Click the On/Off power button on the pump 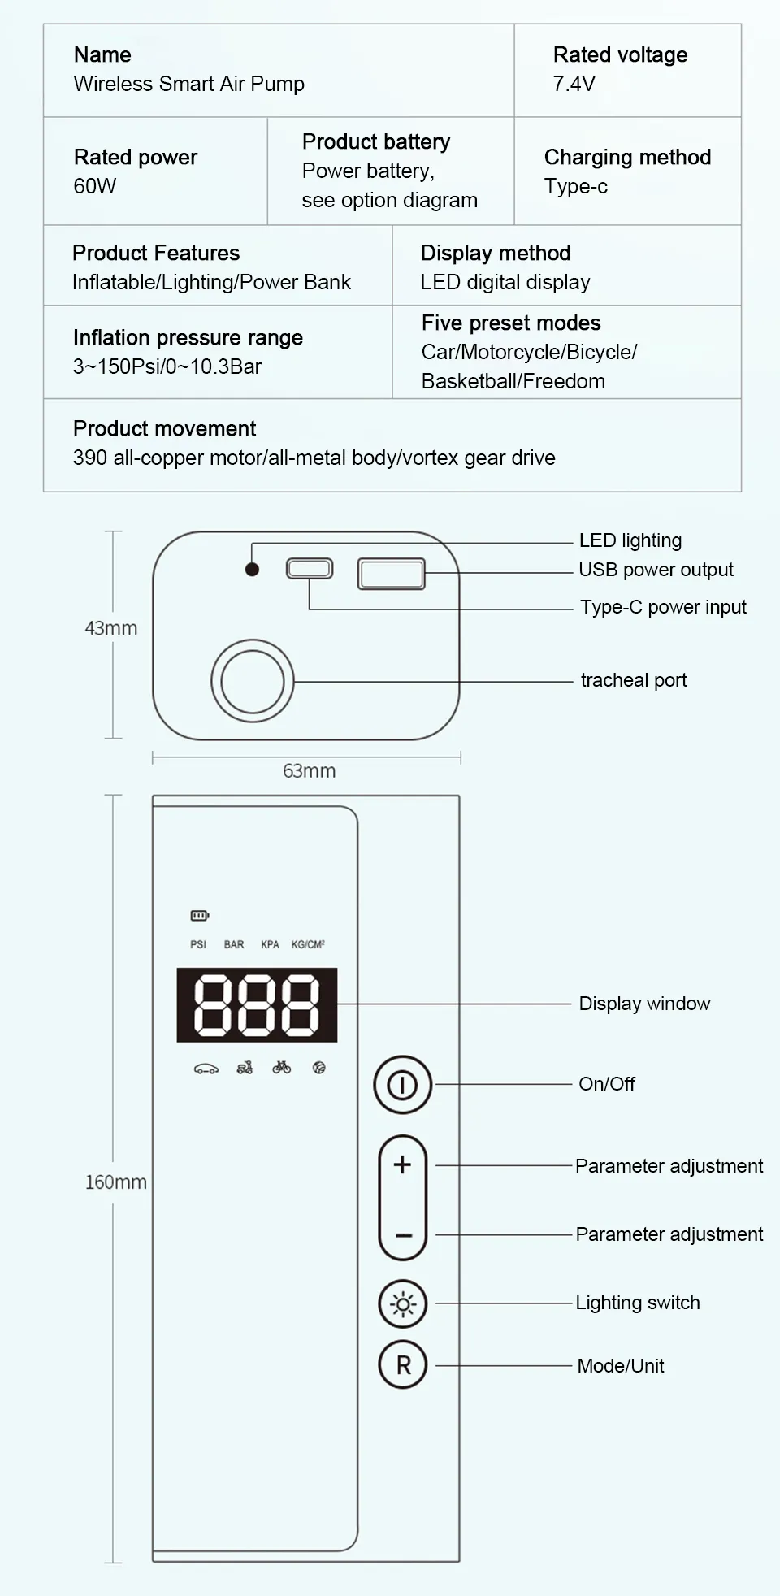click(402, 1085)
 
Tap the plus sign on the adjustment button click(402, 1164)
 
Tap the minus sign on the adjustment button click(403, 1235)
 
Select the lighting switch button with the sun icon click(403, 1304)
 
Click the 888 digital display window click(257, 1004)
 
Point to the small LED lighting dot click(252, 570)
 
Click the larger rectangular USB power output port click(392, 573)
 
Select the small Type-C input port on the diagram click(310, 568)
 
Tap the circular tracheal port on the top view click(253, 681)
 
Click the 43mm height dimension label click(111, 628)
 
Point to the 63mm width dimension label click(309, 770)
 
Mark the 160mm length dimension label click(116, 1182)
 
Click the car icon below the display click(206, 1069)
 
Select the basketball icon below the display click(319, 1068)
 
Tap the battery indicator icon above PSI click(200, 916)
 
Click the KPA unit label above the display click(270, 944)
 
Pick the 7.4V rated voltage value click(574, 84)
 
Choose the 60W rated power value click(95, 186)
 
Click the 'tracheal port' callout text click(634, 680)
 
